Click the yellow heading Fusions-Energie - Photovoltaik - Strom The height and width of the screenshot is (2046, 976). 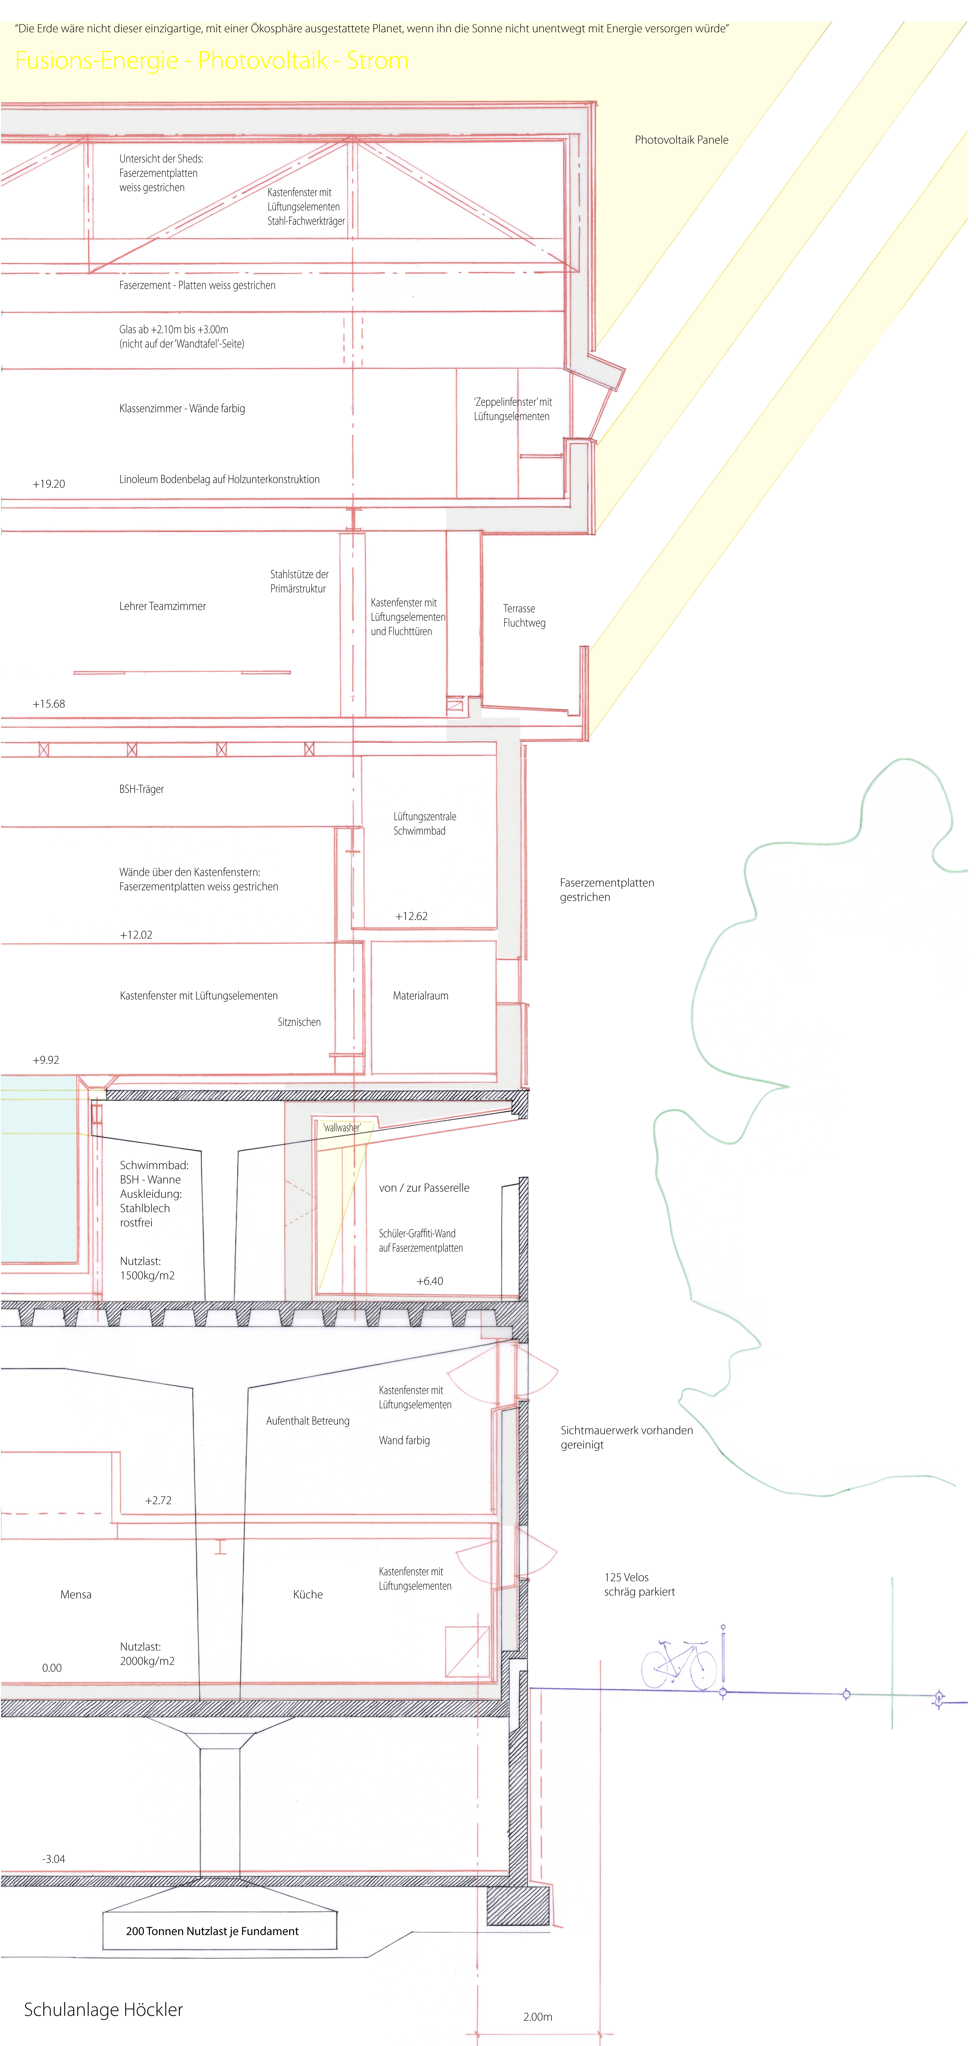[212, 60]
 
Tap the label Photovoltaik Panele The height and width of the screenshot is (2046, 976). [681, 140]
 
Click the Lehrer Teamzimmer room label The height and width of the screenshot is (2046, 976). [163, 606]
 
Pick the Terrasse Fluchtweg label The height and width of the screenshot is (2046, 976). [524, 616]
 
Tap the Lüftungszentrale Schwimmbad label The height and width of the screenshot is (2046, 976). [425, 824]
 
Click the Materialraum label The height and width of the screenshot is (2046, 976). [421, 995]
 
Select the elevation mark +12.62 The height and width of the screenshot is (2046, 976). [411, 916]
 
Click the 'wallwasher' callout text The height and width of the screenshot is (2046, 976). [341, 1127]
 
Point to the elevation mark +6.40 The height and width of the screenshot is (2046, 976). [430, 1281]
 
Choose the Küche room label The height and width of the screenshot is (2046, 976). [308, 1594]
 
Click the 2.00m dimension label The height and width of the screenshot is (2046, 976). [538, 2017]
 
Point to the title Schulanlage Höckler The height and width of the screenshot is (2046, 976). [103, 2010]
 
